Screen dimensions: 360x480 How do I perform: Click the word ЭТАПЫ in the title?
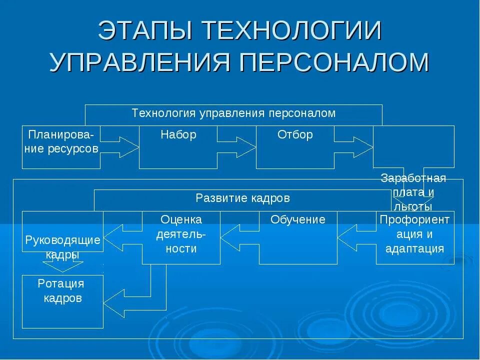click(143, 32)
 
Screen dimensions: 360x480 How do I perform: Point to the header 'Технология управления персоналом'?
click(233, 113)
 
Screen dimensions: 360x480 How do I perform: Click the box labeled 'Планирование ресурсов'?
click(61, 146)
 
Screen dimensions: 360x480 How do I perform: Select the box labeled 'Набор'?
click(178, 146)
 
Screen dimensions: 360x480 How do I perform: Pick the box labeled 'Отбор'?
click(295, 146)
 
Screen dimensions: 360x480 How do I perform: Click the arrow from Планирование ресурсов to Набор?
click(120, 147)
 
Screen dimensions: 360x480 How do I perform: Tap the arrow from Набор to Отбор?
click(237, 147)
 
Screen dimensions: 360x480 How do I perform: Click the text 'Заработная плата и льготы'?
click(413, 192)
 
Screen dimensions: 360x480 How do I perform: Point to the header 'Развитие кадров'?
click(242, 198)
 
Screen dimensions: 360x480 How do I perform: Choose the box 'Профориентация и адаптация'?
click(415, 237)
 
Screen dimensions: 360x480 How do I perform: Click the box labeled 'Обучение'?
click(298, 237)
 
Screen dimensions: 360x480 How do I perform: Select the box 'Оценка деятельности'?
click(181, 237)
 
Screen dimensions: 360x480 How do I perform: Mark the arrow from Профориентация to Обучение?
click(356, 237)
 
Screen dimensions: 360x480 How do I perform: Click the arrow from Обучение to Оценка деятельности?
click(239, 237)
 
